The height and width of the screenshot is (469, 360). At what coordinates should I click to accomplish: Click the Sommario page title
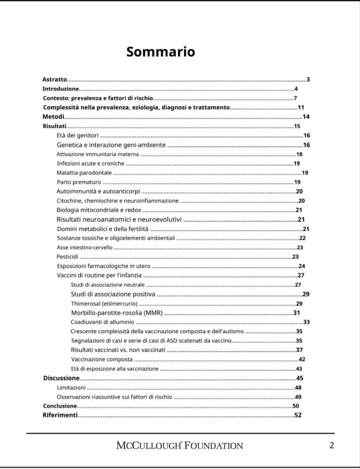pos(161,52)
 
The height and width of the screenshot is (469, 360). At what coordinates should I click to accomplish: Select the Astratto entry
pos(55,79)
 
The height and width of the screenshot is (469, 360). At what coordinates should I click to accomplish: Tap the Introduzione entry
pos(60,89)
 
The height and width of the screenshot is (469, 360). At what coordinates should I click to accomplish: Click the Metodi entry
pos(53,117)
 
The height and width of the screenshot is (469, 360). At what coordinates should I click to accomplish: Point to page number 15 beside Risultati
pos(297,126)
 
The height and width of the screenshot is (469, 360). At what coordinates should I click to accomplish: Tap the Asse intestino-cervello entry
pos(85,247)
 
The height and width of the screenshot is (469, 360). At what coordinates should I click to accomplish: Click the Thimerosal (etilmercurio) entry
pos(104,304)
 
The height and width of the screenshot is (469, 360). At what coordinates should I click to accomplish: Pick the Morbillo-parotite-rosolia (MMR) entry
pos(117,313)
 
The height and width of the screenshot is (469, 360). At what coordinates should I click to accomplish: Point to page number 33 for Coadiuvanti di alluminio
pos(306,322)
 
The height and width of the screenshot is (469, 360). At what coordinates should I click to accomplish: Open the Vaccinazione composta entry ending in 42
pos(102,359)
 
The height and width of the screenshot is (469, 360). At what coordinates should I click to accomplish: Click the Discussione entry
pos(61,378)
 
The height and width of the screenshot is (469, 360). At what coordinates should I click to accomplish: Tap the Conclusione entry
pos(60,406)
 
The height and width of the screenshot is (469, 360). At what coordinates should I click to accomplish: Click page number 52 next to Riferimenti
pos(298,415)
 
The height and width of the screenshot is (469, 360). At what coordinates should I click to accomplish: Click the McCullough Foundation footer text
pos(180,445)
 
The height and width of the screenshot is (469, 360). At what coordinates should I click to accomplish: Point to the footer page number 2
pos(332,445)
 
